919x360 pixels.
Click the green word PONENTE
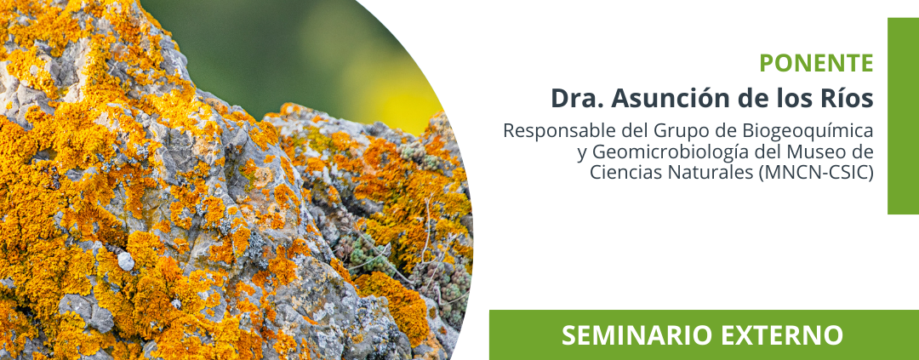click(816, 63)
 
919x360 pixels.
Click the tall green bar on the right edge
click(903, 116)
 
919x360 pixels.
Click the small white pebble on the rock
click(126, 261)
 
